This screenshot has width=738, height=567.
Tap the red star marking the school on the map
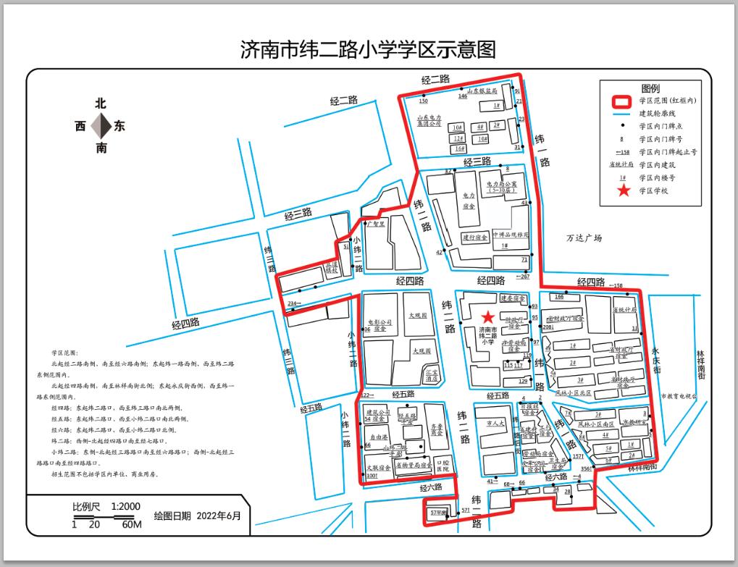point(489,316)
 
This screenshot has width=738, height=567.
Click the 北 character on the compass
point(101,104)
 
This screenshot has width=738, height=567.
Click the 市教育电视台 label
point(679,396)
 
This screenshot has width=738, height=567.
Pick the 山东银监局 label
point(482,92)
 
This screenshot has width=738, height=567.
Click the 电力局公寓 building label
point(501,188)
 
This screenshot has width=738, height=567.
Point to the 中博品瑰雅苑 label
point(511,235)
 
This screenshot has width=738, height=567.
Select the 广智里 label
point(376,224)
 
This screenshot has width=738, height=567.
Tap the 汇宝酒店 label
point(432,375)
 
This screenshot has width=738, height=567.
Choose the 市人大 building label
point(495,422)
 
